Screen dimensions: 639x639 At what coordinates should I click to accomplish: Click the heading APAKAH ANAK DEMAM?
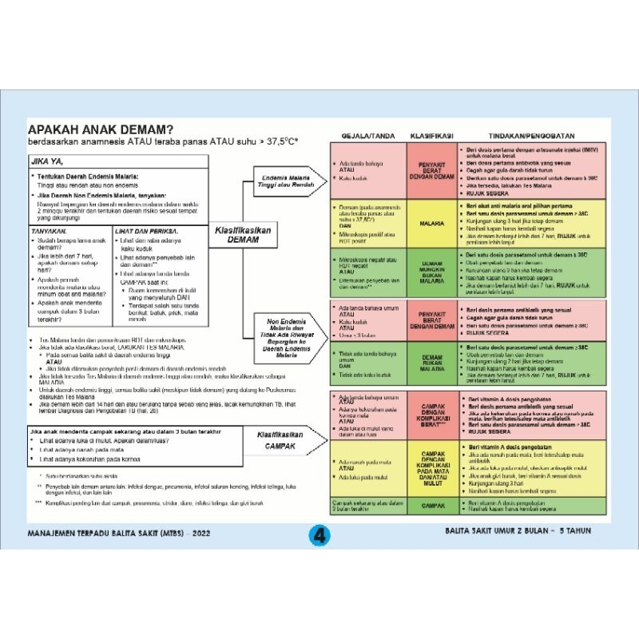point(101,129)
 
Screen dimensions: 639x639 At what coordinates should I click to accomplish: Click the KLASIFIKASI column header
point(431,134)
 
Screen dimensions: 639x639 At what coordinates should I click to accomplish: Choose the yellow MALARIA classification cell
point(431,224)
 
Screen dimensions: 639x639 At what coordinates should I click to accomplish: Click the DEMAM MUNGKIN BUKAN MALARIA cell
point(431,272)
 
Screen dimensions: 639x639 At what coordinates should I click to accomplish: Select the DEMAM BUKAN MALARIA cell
point(431,364)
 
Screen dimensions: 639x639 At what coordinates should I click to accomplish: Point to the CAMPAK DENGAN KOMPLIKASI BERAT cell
point(431,414)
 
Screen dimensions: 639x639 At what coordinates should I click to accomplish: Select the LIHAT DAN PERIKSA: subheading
point(147,230)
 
